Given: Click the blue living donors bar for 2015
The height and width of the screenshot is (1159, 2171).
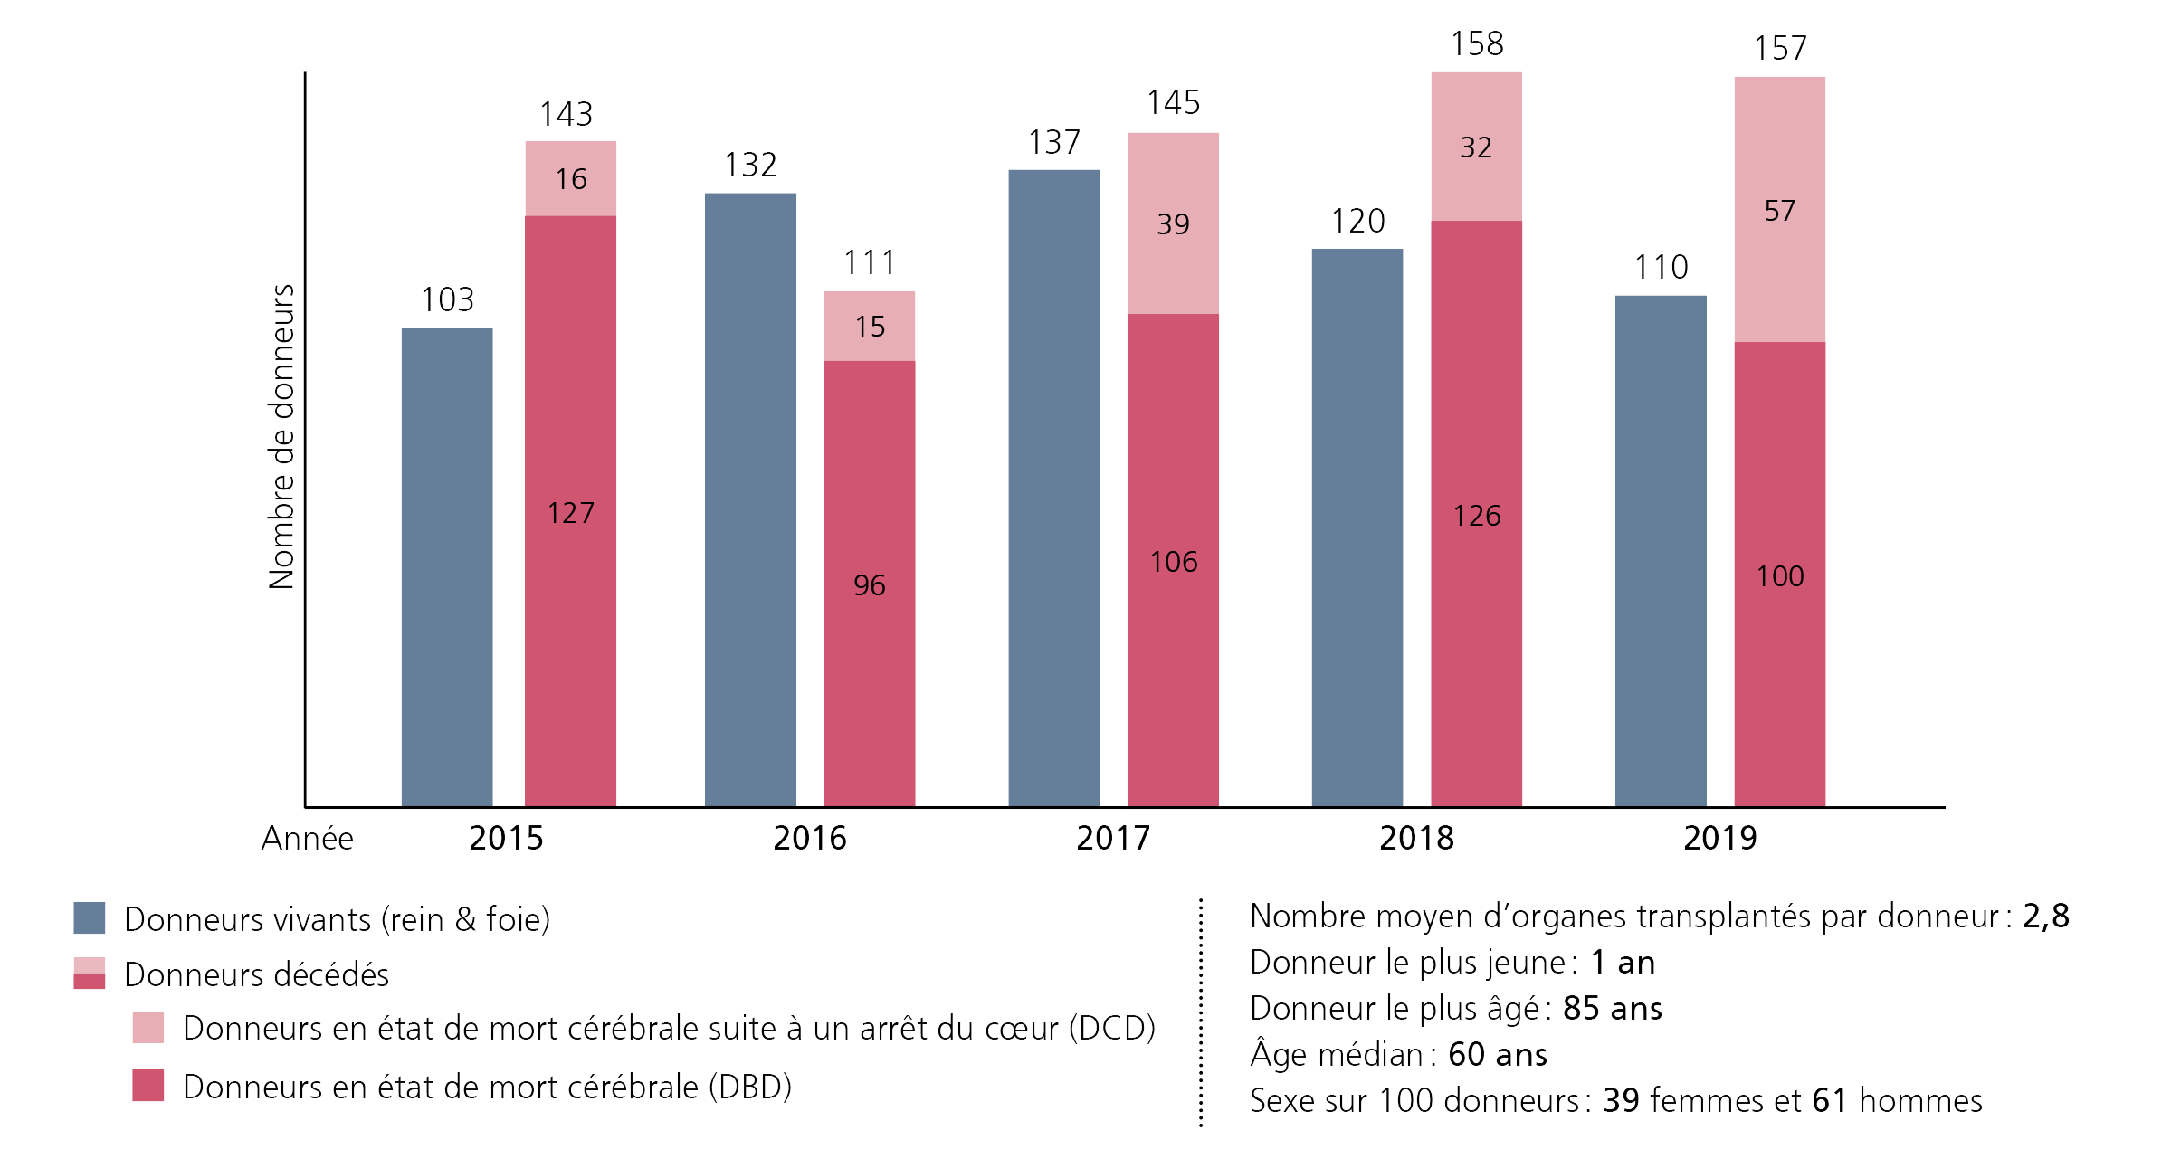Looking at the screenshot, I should tap(447, 566).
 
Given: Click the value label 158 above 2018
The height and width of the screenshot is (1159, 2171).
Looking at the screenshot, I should tap(1477, 43).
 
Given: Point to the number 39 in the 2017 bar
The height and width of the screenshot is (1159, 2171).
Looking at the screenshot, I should tap(1173, 223).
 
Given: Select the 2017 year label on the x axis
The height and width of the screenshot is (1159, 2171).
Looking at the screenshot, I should tap(1112, 838).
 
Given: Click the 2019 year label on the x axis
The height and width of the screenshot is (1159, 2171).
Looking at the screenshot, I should tap(1719, 838).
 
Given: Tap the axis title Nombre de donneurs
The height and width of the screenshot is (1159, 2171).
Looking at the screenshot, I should tap(282, 437).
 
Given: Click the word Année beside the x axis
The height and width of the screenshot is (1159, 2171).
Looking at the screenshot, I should tap(307, 839).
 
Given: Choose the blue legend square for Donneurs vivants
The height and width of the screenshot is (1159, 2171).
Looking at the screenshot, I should tap(90, 917).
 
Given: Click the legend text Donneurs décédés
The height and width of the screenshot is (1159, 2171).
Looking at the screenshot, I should tap(256, 974).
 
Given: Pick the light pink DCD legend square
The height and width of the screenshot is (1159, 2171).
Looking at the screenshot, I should tap(148, 1028).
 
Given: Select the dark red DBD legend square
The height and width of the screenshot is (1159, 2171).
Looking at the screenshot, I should tap(148, 1085).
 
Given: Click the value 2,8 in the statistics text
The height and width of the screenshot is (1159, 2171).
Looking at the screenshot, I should tap(2045, 916).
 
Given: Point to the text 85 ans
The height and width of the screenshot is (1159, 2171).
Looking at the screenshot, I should tap(1612, 1008).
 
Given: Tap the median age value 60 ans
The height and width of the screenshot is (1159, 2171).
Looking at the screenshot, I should tap(1497, 1054).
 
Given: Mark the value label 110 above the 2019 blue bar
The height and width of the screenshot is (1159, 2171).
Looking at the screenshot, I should tap(1661, 267).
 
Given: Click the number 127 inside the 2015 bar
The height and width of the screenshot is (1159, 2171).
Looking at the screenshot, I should tap(570, 513).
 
